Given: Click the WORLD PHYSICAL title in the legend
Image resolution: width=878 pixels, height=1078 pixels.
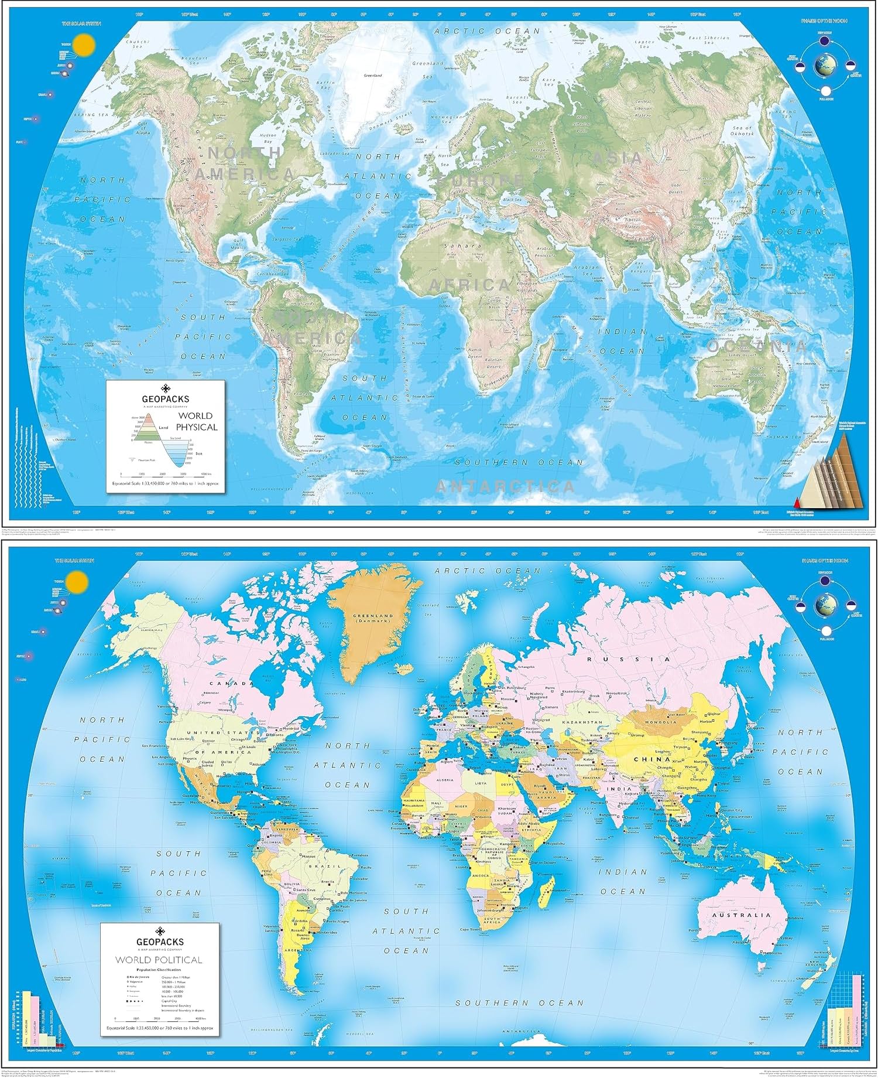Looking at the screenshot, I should (x=197, y=421).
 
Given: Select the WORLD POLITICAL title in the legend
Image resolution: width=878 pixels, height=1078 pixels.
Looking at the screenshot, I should (x=159, y=960).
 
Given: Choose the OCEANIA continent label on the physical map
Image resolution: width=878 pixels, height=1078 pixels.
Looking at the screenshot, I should (x=756, y=346).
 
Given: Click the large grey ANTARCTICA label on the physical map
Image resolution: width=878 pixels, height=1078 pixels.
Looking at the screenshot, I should (x=505, y=486).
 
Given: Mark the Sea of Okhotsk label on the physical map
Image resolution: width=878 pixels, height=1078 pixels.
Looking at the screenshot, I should (x=742, y=131).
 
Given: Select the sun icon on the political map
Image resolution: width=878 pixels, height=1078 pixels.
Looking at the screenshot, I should (x=77, y=582).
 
